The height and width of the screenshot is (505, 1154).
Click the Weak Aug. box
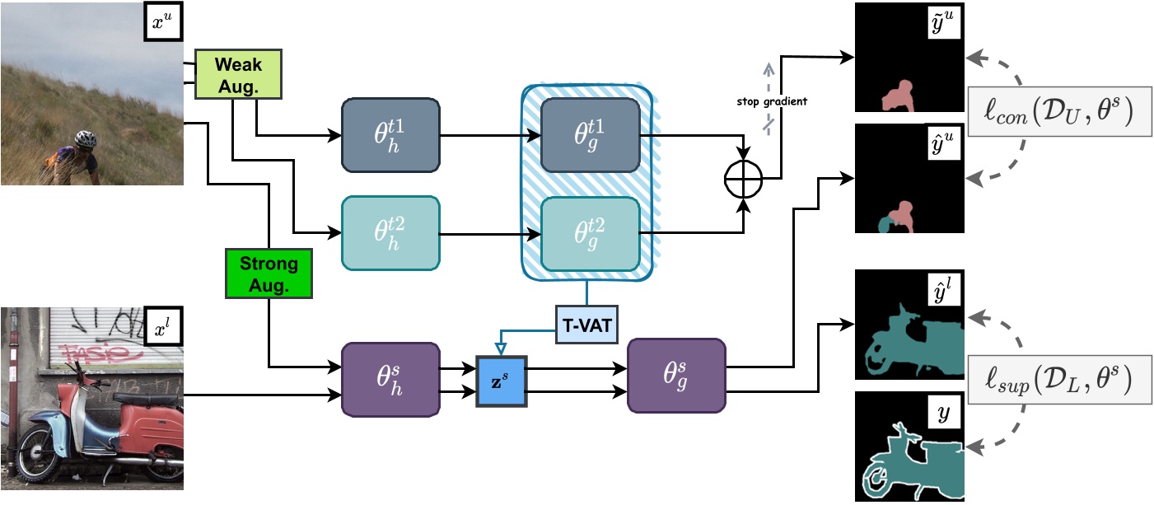(238, 74)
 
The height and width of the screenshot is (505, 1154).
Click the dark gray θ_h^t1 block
(390, 135)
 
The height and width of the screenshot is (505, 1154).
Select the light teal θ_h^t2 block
(390, 233)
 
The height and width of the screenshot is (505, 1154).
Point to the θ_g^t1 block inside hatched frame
(589, 135)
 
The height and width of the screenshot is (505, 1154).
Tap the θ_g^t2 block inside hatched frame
(589, 233)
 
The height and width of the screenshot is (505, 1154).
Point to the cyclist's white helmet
(84, 138)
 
